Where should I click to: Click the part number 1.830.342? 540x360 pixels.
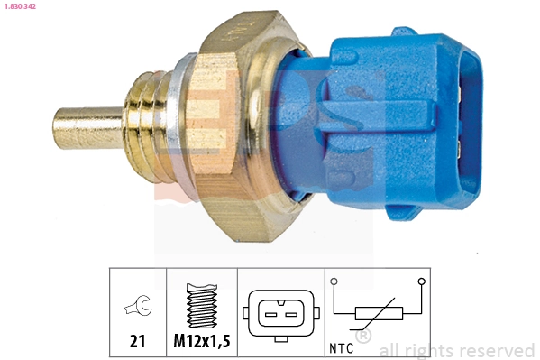pos(21,7)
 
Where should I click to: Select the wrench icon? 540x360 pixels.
pos(137,309)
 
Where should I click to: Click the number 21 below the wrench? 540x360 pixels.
pos(137,341)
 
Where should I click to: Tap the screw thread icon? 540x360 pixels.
pos(201,307)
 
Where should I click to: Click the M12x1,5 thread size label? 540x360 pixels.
pos(201,341)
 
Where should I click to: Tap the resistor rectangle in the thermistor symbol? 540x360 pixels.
pos(377,313)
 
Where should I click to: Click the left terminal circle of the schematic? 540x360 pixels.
pos(334,282)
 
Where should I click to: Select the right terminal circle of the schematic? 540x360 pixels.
pos(420,282)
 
